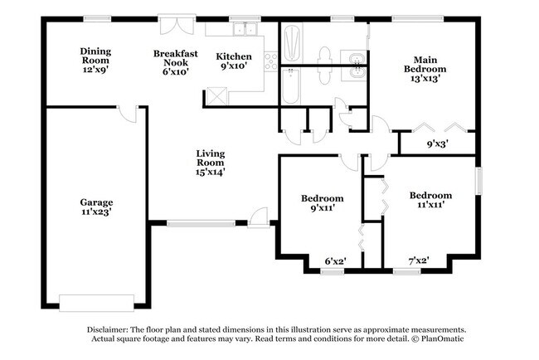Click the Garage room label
(x=96, y=202)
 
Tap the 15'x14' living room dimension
(x=210, y=172)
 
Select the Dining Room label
(x=95, y=56)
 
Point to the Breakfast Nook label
(x=176, y=58)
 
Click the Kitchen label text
(x=234, y=56)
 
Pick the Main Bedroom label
(x=425, y=65)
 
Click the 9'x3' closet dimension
(x=437, y=144)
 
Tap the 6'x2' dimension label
(x=335, y=261)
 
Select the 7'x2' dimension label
(x=419, y=260)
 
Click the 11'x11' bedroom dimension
(x=430, y=205)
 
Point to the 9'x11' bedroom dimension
(x=322, y=207)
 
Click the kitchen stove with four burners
(x=270, y=61)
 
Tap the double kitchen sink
(x=245, y=29)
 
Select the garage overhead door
(x=96, y=303)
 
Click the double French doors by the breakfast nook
(x=177, y=25)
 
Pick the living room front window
(x=202, y=223)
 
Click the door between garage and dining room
(x=127, y=114)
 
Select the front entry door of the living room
(x=258, y=217)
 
